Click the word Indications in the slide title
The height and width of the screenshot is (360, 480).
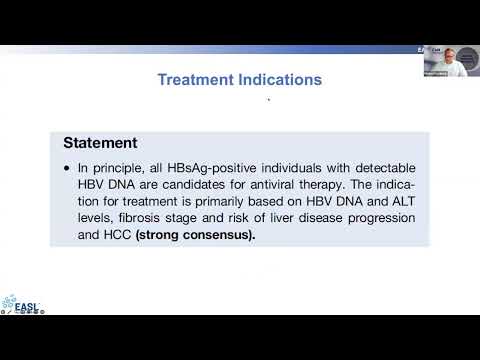tap(279, 79)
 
